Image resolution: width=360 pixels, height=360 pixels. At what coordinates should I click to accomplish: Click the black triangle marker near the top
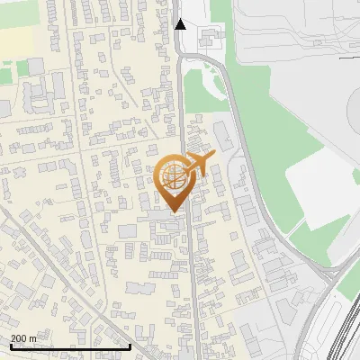[180, 24]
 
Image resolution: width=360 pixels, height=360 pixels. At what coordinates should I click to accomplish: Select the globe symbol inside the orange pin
[173, 177]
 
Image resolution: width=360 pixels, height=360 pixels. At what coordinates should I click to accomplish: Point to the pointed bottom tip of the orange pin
[174, 211]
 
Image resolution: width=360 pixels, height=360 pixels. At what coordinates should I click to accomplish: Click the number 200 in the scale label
[19, 338]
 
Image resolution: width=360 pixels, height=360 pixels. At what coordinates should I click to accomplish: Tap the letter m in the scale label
[33, 338]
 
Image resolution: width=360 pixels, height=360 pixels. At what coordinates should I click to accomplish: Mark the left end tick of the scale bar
[10, 346]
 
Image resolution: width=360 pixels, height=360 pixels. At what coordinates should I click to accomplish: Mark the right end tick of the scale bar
[130, 346]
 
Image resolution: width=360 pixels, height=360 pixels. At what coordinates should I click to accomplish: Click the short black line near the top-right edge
[349, 57]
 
